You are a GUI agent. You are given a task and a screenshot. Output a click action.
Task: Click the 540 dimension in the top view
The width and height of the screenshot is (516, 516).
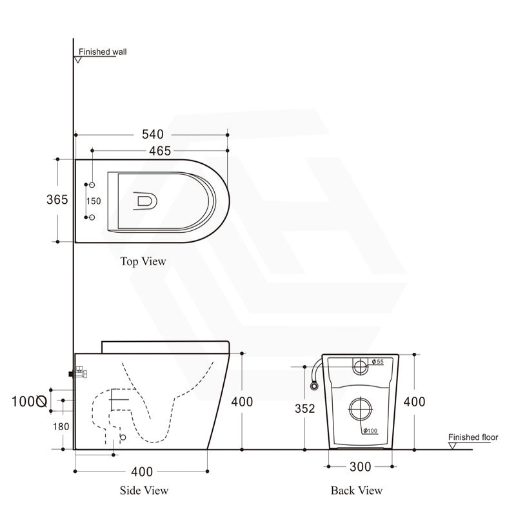tap(153, 134)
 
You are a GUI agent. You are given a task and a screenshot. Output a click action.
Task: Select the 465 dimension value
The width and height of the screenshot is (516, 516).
tap(160, 151)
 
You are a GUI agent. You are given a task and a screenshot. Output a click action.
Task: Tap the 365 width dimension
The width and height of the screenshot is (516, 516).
tap(57, 199)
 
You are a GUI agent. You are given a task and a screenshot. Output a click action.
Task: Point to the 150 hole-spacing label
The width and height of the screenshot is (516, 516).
tap(94, 201)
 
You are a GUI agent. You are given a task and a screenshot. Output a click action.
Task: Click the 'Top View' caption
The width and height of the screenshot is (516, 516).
tap(143, 261)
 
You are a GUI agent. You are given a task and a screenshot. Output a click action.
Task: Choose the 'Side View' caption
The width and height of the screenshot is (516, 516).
tap(144, 490)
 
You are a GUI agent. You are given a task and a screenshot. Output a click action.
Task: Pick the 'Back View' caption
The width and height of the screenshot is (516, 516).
tap(357, 490)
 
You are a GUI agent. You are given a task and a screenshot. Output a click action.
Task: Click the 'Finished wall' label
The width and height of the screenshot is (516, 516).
tap(103, 52)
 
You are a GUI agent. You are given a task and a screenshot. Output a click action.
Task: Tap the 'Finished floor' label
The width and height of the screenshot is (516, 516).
tap(473, 437)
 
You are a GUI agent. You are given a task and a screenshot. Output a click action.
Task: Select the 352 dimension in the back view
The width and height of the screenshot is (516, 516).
tap(304, 408)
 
